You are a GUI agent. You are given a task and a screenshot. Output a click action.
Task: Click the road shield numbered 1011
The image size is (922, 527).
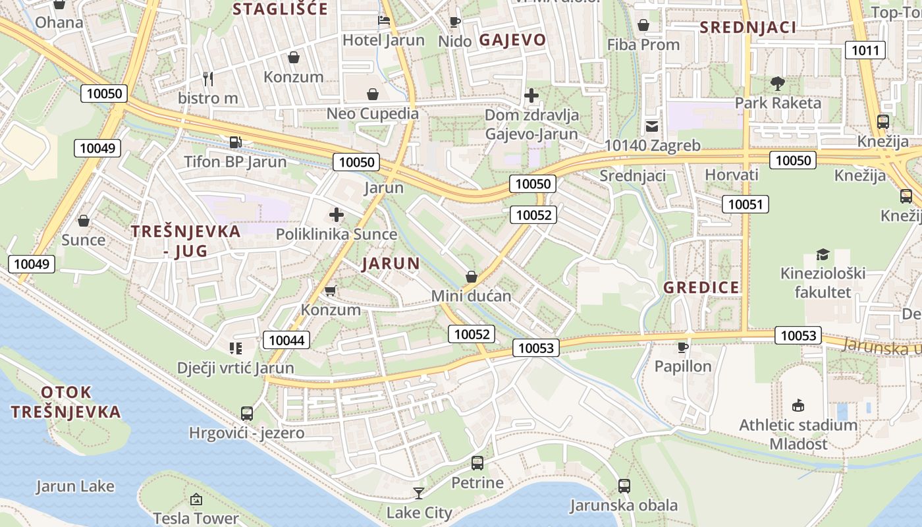point(865,50)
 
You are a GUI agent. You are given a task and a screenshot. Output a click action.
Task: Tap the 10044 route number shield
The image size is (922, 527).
point(286,340)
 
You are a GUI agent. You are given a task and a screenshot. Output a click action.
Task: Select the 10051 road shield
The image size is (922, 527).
point(745,204)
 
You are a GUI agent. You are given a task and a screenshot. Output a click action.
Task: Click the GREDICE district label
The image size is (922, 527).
point(701,287)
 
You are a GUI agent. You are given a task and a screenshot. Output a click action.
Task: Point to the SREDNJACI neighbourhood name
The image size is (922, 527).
point(747,27)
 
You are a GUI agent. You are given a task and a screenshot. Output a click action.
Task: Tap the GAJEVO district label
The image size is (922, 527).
point(512,40)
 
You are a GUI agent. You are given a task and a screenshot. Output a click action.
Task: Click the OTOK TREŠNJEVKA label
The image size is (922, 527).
point(66,402)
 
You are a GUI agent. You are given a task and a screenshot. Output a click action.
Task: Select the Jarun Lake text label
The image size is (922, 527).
point(75,487)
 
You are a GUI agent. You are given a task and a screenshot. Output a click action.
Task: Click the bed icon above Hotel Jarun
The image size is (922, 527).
point(383,21)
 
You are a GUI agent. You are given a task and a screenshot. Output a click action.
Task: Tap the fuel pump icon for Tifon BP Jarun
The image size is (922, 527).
point(235,142)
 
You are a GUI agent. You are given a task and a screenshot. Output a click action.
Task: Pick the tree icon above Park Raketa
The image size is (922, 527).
point(778,84)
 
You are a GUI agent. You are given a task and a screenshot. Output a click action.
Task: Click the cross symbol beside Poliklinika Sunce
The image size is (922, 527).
point(337,215)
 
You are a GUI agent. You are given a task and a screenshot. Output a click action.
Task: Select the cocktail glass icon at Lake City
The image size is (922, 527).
point(418,493)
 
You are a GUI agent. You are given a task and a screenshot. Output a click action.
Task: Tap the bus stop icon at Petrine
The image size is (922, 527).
point(477,463)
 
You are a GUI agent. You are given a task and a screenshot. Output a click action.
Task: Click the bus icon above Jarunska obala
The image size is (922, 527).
point(624,486)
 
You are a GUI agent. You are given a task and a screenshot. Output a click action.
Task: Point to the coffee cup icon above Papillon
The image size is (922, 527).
point(683,347)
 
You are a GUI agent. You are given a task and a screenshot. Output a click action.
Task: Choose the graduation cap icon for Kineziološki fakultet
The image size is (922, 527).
point(823,254)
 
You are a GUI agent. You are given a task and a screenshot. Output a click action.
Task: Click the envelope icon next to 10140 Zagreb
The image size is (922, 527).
point(651,126)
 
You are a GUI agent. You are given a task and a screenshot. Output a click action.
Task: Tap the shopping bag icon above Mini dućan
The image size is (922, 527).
point(472,277)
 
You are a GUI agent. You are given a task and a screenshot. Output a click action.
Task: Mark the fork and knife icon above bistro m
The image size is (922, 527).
point(208,79)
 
